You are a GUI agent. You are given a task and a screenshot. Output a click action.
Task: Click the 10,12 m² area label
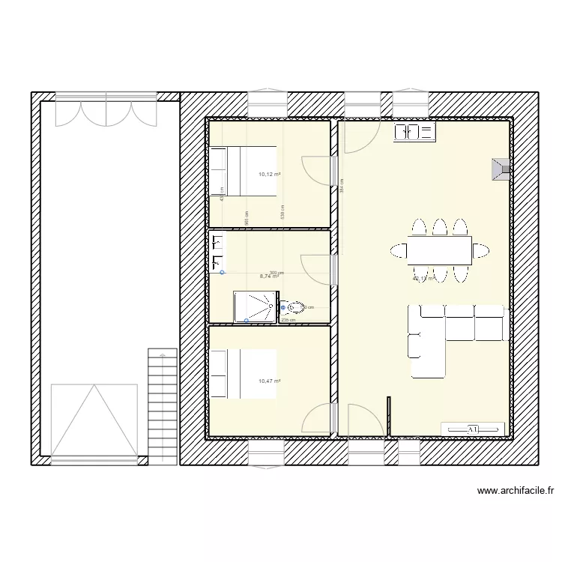pos(270,175)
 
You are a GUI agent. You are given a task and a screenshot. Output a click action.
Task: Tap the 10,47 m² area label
pos(270,381)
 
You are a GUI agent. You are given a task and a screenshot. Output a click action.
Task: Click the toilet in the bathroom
pos(294,307)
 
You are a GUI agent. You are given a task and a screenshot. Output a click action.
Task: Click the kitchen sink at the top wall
pos(414,133)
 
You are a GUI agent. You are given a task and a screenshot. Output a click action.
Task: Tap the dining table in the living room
pos(440,250)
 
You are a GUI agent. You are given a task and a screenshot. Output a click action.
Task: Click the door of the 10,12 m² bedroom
pos(318,170)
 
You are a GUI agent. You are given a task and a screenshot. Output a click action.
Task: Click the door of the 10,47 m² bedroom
pos(317,419)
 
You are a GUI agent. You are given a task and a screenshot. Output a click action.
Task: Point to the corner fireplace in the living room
pos(501,169)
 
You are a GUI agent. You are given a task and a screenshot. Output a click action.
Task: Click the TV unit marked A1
pos(473,429)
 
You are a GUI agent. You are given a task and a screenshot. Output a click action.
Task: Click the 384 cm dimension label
pos(342,184)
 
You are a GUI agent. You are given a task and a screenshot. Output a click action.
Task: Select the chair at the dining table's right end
pos(482,250)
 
